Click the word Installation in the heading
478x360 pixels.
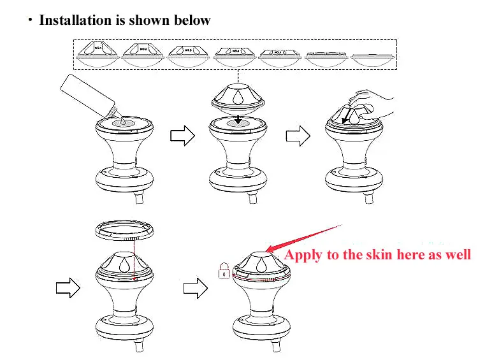[75, 20]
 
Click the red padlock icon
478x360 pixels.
[224, 272]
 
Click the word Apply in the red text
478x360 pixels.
[303, 256]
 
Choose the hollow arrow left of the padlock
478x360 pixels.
[194, 288]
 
